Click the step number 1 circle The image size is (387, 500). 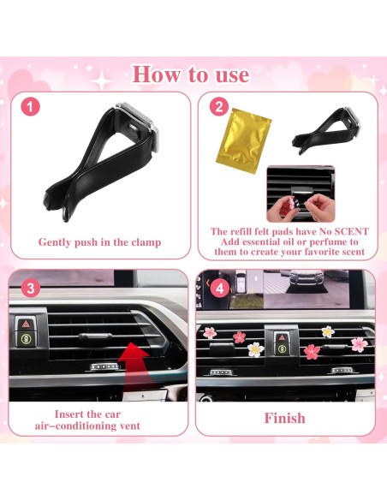31,108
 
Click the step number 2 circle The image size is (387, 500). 217,108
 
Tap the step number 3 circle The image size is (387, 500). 31,287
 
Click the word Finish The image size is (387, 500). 284,418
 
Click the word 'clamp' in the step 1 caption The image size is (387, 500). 142,242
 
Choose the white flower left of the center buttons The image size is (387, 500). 255,348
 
